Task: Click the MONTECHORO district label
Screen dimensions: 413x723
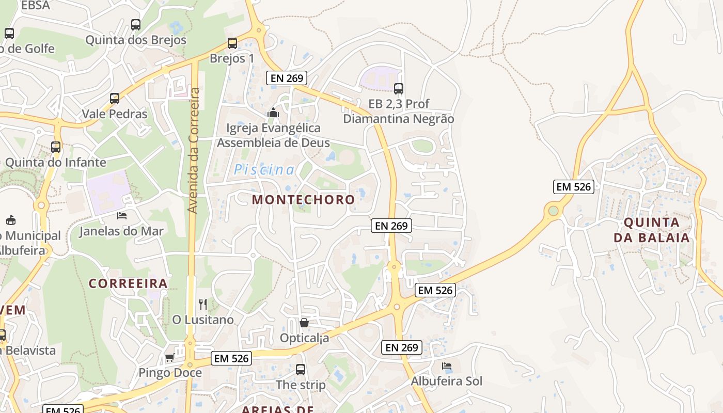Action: (x=304, y=200)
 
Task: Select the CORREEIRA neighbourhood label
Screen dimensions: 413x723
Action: (x=128, y=283)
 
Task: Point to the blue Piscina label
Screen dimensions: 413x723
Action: (x=264, y=170)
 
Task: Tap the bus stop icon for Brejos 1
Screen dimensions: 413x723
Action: (x=232, y=43)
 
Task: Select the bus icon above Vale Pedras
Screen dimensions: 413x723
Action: (x=115, y=98)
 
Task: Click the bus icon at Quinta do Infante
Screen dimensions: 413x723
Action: (x=56, y=147)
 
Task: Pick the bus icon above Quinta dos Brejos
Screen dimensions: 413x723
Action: (x=136, y=24)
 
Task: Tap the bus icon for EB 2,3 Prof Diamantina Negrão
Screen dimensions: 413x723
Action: (x=399, y=88)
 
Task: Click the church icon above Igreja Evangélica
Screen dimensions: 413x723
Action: (x=273, y=112)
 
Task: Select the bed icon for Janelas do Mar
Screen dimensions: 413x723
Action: (x=122, y=215)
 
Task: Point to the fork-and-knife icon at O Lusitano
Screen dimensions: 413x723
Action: (x=203, y=305)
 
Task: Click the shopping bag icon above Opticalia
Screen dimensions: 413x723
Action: (x=304, y=323)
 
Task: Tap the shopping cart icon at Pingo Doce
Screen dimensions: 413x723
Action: (x=169, y=357)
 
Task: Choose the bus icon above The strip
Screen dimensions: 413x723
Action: (x=301, y=370)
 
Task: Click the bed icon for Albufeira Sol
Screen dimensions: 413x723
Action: (x=447, y=366)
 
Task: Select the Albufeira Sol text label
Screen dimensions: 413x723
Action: (x=447, y=382)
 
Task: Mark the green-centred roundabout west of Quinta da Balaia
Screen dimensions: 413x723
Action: (x=554, y=211)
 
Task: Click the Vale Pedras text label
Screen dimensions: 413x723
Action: (x=115, y=114)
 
